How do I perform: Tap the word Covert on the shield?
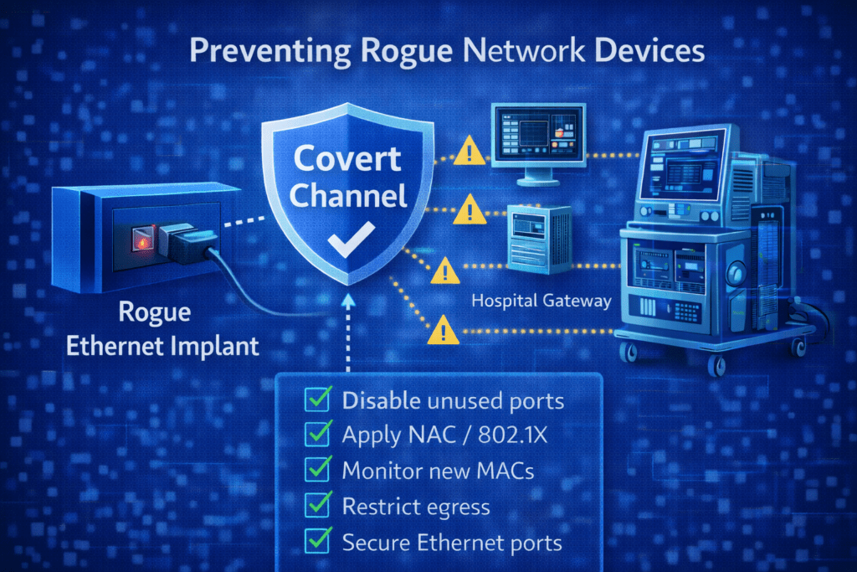[x=346, y=159]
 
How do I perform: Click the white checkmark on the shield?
[x=346, y=244]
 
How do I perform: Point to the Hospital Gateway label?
[x=541, y=300]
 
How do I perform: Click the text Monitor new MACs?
[x=438, y=470]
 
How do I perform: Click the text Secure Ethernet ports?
[x=452, y=542]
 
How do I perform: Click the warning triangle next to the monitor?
[x=470, y=152]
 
